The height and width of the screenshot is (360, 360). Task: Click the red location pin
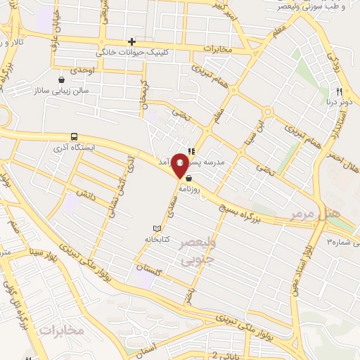(x=180, y=163)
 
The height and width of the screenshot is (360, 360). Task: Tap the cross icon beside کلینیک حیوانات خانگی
(x=131, y=42)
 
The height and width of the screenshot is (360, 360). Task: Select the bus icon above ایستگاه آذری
(x=74, y=137)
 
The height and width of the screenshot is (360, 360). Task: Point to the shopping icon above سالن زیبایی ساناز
(x=63, y=79)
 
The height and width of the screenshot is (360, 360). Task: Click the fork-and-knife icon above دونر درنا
(x=339, y=91)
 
